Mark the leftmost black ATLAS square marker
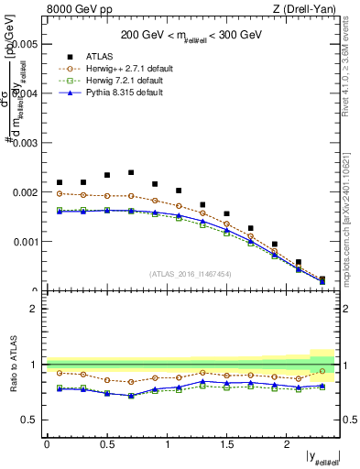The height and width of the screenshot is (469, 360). click(x=60, y=182)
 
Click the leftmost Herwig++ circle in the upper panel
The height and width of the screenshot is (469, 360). click(x=60, y=193)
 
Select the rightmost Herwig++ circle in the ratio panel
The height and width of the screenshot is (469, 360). click(x=322, y=371)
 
